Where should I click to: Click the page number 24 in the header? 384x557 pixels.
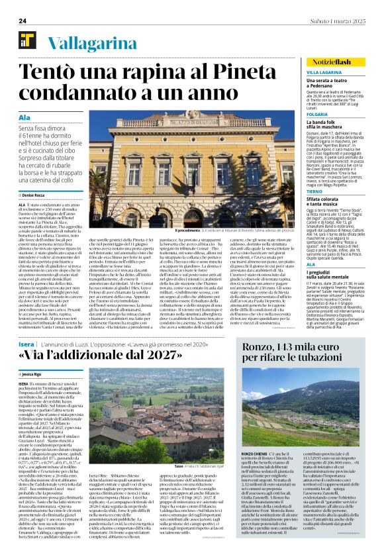23,21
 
